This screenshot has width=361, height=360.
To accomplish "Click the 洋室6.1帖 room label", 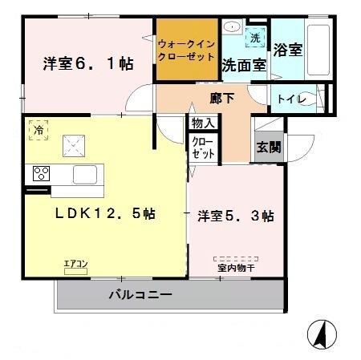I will [87, 64].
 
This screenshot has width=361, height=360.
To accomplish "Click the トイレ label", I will [290, 99].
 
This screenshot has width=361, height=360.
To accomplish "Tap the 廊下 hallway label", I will [221, 99].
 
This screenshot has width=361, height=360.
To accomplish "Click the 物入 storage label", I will [202, 123].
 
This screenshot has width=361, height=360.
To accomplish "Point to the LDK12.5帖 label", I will [105, 214].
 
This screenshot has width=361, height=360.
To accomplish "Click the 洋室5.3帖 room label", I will [236, 216].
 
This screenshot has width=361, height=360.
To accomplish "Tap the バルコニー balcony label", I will [140, 295].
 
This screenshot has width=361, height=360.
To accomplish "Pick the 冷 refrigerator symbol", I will [38, 128].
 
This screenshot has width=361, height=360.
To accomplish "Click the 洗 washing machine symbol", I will [255, 38].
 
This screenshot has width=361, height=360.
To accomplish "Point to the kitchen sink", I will [86, 173].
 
